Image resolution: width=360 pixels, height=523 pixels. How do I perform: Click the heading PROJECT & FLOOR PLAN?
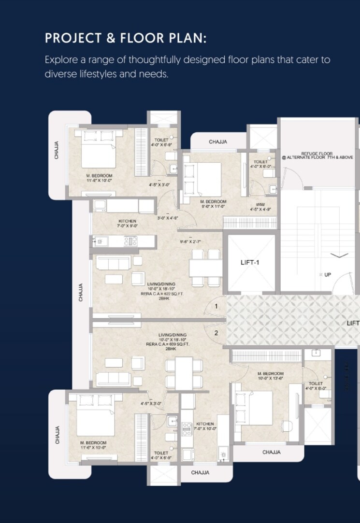coord(126,38)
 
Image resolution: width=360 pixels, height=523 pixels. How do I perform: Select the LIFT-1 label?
coord(251,263)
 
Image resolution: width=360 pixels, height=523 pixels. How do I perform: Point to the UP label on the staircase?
coord(328,274)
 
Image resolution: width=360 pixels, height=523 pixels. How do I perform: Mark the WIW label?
coord(260,204)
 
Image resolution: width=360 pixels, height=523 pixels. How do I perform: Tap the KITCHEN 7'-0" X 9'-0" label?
coord(127,223)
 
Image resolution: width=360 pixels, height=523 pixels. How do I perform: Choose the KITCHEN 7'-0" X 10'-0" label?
coord(205,426)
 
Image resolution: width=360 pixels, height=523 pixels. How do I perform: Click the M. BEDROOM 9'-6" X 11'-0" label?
coord(213,204)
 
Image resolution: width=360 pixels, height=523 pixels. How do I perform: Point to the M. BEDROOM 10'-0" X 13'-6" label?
coord(271,376)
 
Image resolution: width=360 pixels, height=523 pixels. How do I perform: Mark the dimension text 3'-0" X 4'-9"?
coord(167,218)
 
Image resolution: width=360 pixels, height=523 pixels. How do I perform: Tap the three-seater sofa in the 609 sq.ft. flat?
coord(113,379)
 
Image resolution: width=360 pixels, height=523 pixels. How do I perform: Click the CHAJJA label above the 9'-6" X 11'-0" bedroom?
coord(218,142)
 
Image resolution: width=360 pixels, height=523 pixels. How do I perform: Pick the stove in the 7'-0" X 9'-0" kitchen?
coord(131,240)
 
